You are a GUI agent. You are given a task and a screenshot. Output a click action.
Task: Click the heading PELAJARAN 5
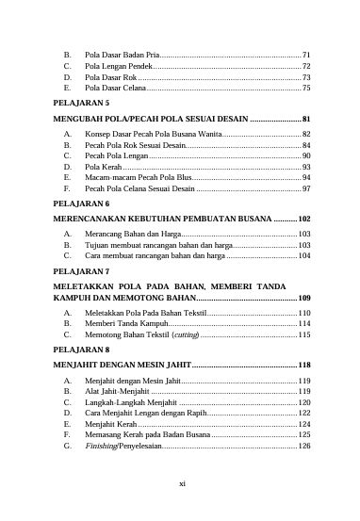pyautogui.click(x=81, y=101)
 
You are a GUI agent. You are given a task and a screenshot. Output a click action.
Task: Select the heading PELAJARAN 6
pyautogui.click(x=81, y=204)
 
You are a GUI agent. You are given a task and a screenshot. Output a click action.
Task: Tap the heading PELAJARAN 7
pyautogui.click(x=81, y=270)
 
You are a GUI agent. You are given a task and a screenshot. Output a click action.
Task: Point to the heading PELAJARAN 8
pyautogui.click(x=81, y=349)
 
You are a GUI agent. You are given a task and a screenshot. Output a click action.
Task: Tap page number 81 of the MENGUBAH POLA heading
pyautogui.click(x=305, y=120)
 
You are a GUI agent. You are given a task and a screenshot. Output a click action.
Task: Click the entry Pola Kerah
pyautogui.click(x=104, y=168)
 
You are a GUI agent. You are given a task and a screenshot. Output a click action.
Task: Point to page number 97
pyautogui.click(x=305, y=189)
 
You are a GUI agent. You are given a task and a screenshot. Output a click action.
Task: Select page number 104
pyautogui.click(x=303, y=254)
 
